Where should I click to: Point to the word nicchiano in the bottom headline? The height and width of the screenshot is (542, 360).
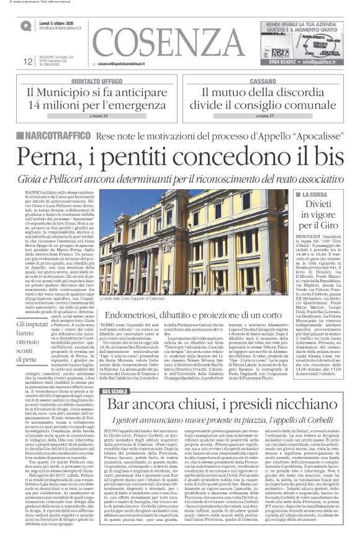pyautogui.click(x=307, y=371)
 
